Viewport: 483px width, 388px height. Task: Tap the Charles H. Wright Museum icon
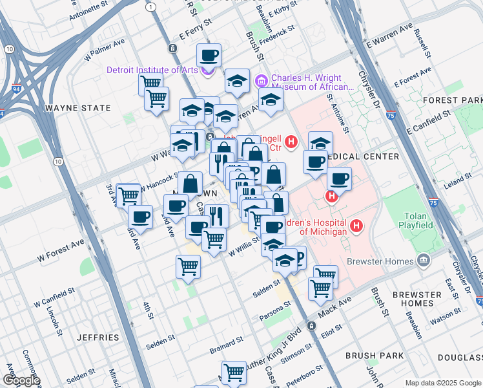click(x=262, y=80)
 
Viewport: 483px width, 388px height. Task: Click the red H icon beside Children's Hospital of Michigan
click(x=356, y=226)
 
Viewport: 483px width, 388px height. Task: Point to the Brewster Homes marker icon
click(x=423, y=261)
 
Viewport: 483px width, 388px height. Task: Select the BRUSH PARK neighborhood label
click(x=375, y=356)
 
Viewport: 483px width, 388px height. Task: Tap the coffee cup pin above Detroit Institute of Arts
click(x=209, y=56)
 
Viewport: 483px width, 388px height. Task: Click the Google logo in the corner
click(x=21, y=380)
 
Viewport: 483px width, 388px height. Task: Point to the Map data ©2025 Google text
click(x=442, y=383)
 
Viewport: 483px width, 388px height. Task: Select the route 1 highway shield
click(x=150, y=6)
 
